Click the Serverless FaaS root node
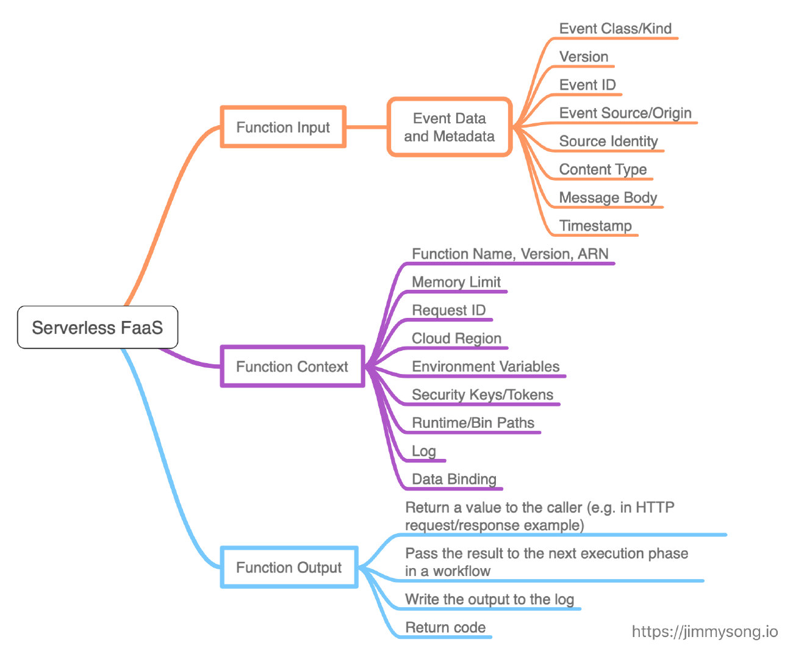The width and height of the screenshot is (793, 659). click(x=98, y=328)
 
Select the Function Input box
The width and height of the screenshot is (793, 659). click(x=283, y=127)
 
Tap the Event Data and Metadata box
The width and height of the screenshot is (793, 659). click(x=449, y=127)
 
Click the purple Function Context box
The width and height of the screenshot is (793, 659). click(x=292, y=366)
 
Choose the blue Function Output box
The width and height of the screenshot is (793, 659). click(x=289, y=567)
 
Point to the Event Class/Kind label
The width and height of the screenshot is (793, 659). click(x=615, y=29)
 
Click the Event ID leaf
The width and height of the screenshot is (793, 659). click(x=587, y=85)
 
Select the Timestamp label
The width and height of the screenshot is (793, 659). click(x=595, y=226)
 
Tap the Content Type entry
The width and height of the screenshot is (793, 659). click(x=603, y=170)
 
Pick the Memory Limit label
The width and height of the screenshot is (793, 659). click(x=456, y=282)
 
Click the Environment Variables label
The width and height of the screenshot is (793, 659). click(x=486, y=366)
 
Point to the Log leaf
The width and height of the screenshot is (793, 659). click(x=423, y=451)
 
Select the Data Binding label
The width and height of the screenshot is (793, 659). click(x=454, y=479)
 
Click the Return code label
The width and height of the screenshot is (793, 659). click(x=445, y=627)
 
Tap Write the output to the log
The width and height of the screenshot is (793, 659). click(x=489, y=599)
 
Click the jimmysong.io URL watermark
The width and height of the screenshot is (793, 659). click(x=705, y=632)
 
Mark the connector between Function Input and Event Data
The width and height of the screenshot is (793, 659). click(x=367, y=127)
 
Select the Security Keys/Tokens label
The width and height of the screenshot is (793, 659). click(x=483, y=395)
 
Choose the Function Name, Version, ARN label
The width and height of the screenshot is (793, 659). click(x=510, y=254)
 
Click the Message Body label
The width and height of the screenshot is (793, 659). click(x=608, y=198)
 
